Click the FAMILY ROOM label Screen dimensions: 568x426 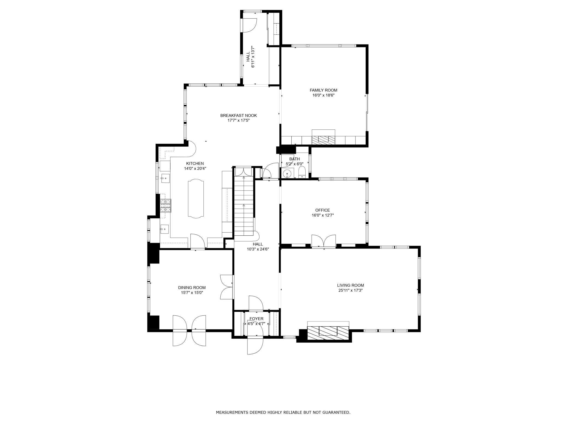pyautogui.click(x=323, y=90)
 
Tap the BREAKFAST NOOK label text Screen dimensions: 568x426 pyautogui.click(x=238, y=116)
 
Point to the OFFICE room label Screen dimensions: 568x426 pyautogui.click(x=323, y=210)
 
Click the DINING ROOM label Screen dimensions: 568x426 pyautogui.click(x=192, y=288)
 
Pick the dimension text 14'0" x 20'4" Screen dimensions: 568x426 pyautogui.click(x=195, y=168)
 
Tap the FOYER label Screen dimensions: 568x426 pyautogui.click(x=256, y=319)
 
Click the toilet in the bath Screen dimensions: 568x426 pyautogui.click(x=302, y=172)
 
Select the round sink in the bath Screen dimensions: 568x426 pyautogui.click(x=287, y=173)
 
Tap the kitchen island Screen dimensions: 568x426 pyautogui.click(x=196, y=198)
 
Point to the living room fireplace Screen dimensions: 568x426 pyautogui.click(x=328, y=331)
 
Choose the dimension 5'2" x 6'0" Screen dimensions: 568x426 pyautogui.click(x=295, y=164)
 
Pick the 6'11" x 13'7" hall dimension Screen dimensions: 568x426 pyautogui.click(x=253, y=57)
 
